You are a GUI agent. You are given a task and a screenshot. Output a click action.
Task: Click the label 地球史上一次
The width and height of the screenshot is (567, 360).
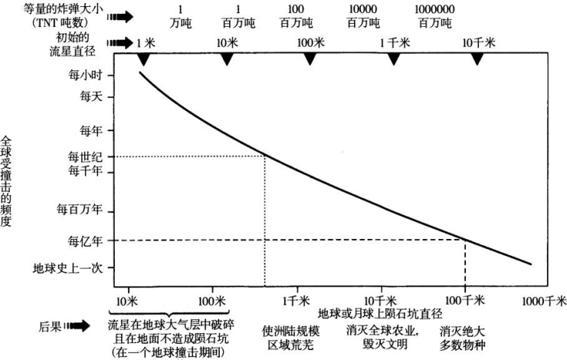tap(71, 268)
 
